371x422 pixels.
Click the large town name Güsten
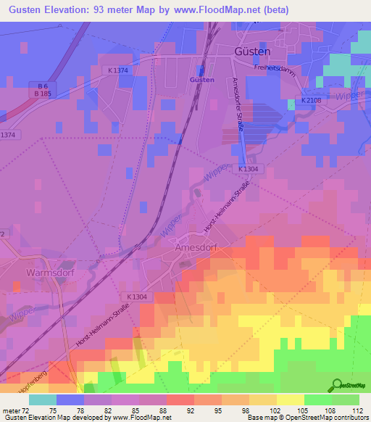(253, 52)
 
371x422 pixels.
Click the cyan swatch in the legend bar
(43, 400)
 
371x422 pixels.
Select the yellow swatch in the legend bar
(290, 400)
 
